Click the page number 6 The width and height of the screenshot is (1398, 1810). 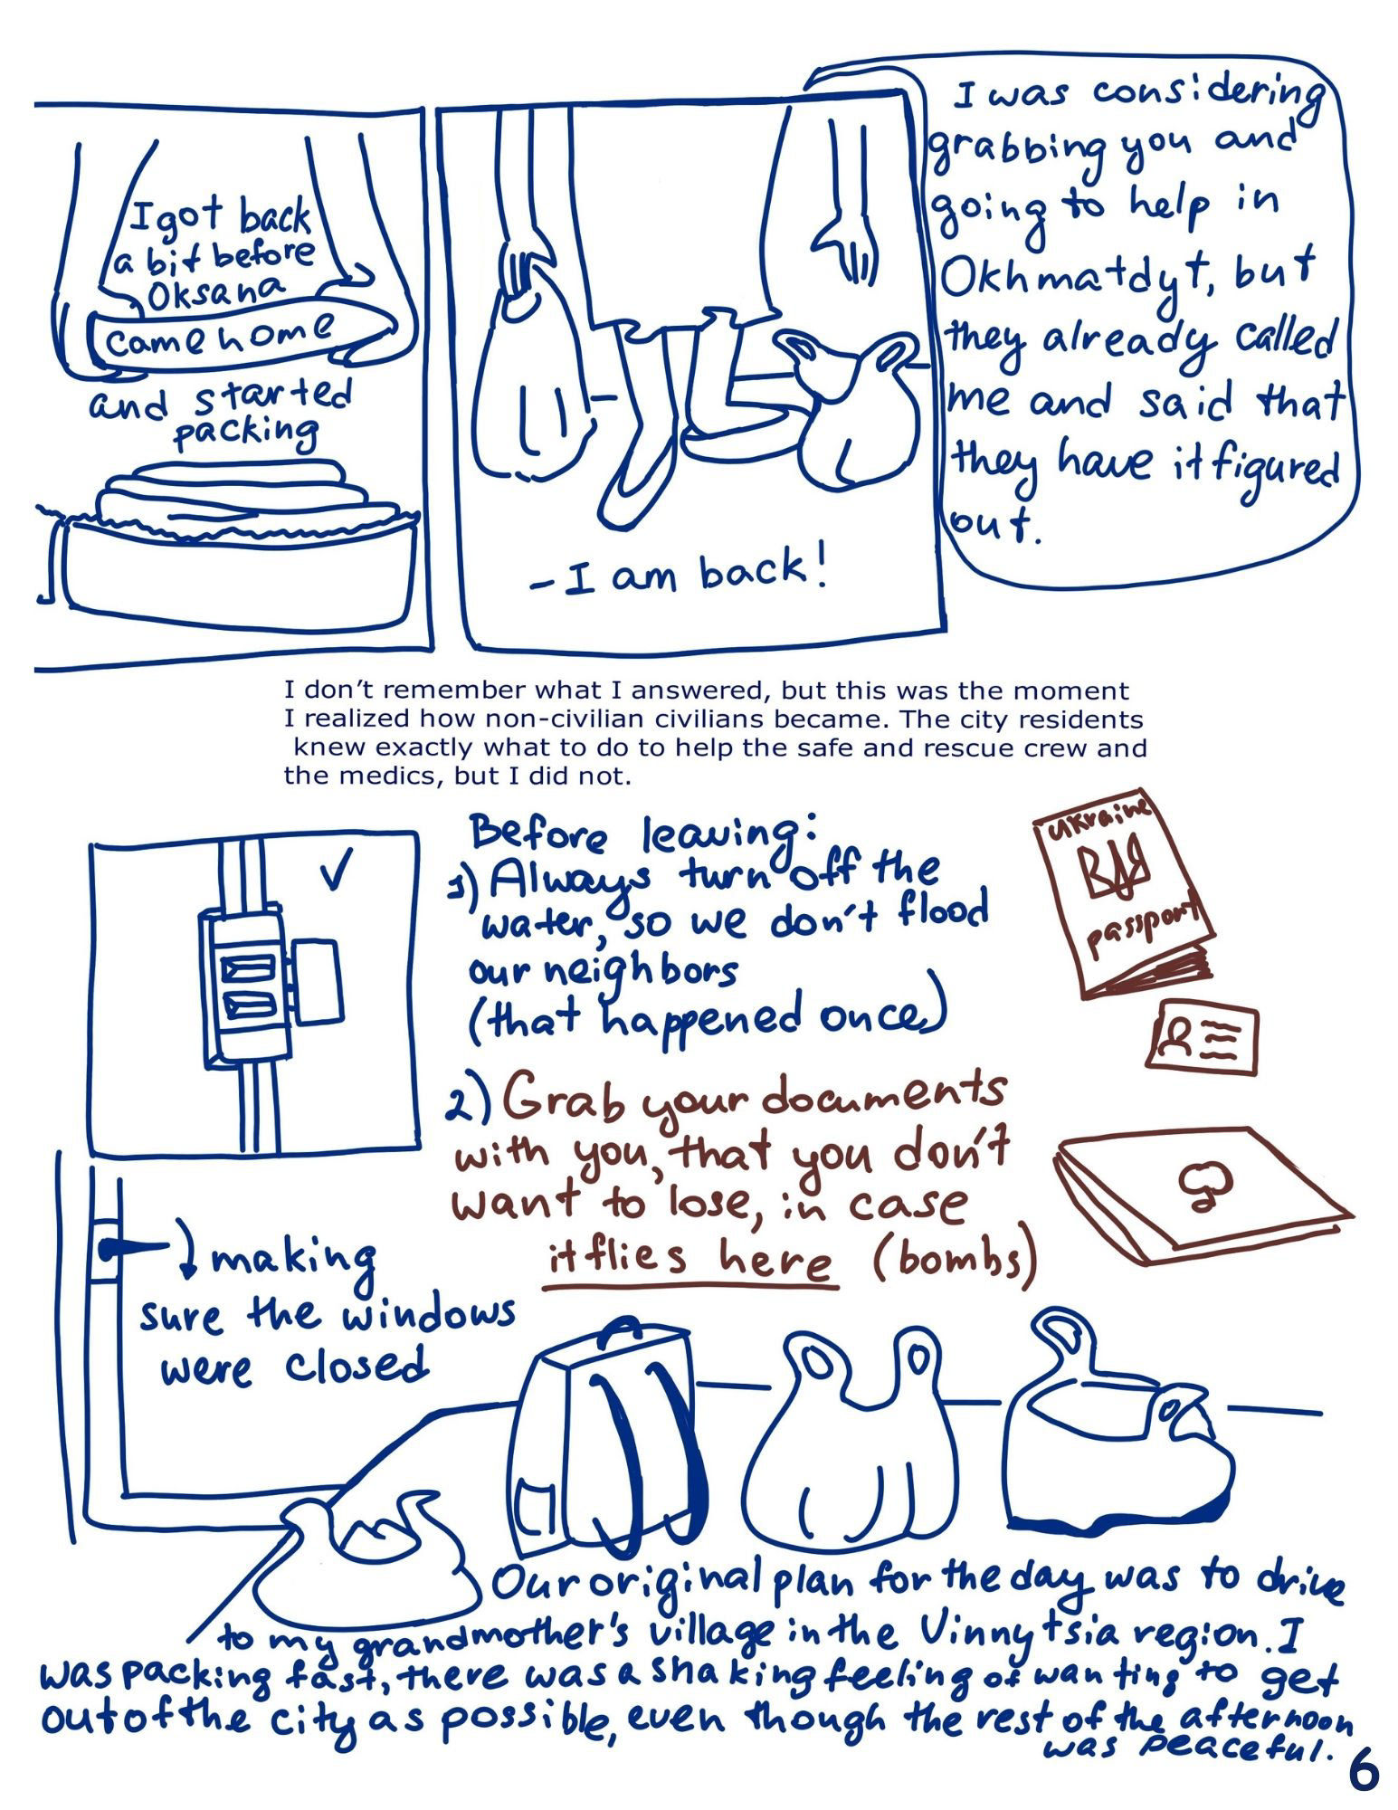tap(1364, 1772)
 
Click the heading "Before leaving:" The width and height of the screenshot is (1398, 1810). tap(644, 831)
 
